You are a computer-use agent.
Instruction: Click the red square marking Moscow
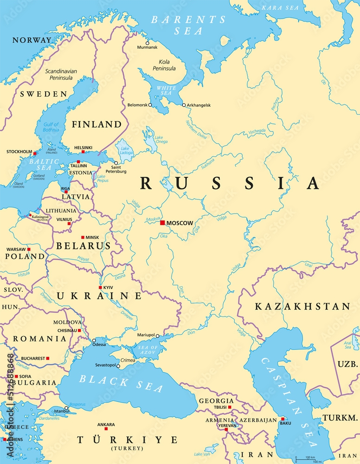click(x=162, y=223)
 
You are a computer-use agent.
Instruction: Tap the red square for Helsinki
click(x=83, y=152)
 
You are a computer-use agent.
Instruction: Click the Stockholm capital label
click(x=19, y=152)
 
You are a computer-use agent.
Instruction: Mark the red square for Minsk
click(x=83, y=237)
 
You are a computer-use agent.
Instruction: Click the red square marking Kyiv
click(x=100, y=288)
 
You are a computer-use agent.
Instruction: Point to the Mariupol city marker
click(x=158, y=335)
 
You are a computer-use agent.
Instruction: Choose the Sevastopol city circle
click(x=118, y=366)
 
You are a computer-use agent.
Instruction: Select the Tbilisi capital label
click(x=220, y=407)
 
